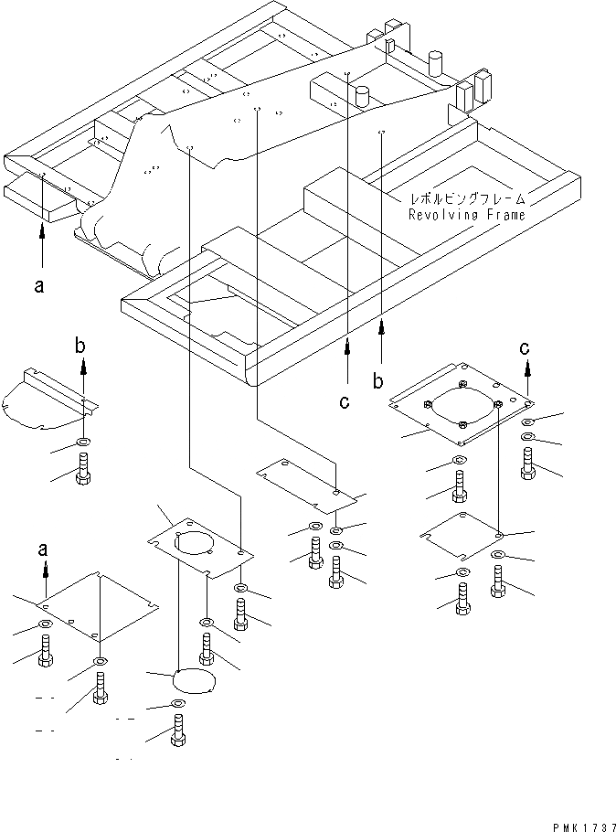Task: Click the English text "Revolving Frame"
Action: point(467,216)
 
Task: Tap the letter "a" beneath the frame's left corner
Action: point(38,286)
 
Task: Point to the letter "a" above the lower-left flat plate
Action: point(42,549)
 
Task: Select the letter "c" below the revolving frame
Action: point(345,401)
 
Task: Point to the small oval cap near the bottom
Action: point(193,682)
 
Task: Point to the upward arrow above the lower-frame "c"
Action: point(347,357)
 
